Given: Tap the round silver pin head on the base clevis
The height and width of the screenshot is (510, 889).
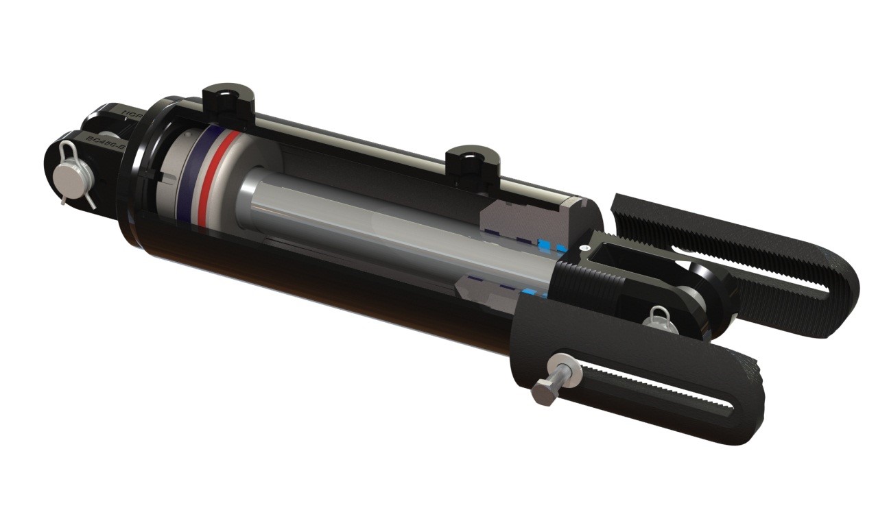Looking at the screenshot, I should coord(71,176).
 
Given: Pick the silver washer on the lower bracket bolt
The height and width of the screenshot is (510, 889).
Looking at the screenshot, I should coord(569,374).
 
